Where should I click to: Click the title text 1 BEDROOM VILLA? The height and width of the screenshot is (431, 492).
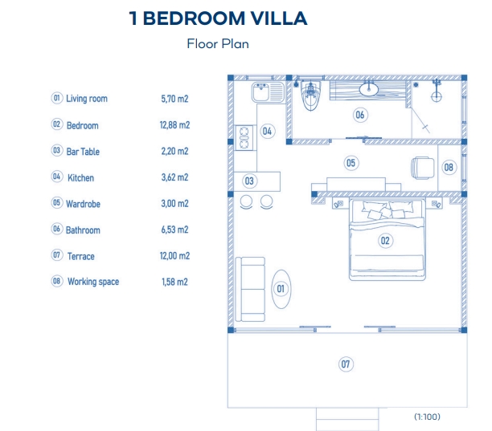tap(218, 18)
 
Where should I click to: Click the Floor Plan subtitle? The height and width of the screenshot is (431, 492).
tap(218, 44)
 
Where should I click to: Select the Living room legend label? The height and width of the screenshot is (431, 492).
tap(86, 99)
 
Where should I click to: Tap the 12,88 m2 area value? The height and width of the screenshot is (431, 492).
tap(175, 125)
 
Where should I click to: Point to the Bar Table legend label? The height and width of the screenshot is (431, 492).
tap(83, 152)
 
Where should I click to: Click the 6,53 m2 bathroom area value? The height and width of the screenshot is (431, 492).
tap(175, 230)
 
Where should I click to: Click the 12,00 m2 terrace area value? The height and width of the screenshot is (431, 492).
tap(175, 256)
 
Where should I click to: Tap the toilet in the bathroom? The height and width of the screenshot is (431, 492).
tap(310, 98)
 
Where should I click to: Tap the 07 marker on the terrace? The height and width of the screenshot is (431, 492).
tap(346, 364)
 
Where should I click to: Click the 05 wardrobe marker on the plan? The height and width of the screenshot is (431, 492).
tap(351, 163)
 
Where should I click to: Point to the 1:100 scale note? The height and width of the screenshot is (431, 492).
tap(428, 417)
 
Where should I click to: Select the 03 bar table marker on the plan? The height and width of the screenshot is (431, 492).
tap(249, 181)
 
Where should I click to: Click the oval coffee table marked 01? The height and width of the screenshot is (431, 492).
tap(281, 287)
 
